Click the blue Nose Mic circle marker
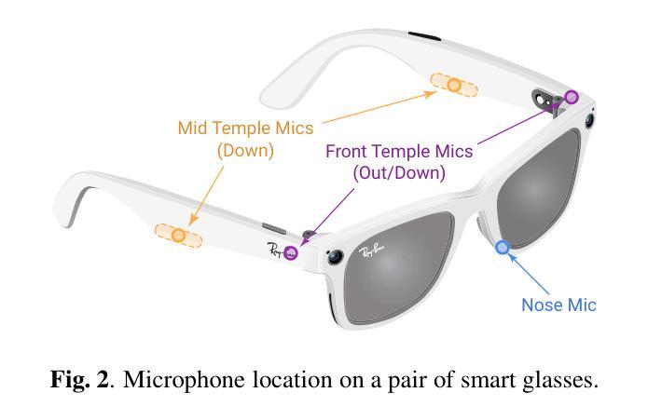coord(503,247)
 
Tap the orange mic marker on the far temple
coord(454,86)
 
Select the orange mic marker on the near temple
coord(178,236)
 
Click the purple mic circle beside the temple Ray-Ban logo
coord(291,252)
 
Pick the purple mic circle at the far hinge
coord(572,97)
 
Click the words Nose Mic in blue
coord(558,305)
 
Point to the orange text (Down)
coord(245,149)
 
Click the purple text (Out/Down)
coord(399,172)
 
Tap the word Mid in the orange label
coord(192,128)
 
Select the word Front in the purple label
coord(347,151)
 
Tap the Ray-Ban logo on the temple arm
coord(276,251)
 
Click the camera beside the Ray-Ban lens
coord(333,256)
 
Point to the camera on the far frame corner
coord(591,119)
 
